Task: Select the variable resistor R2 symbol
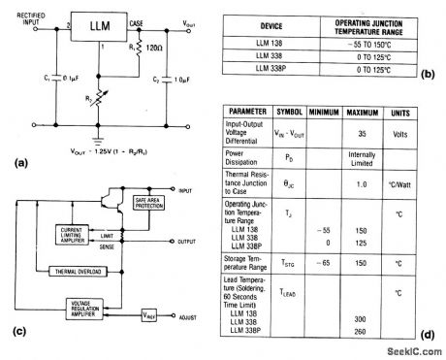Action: [136, 98]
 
